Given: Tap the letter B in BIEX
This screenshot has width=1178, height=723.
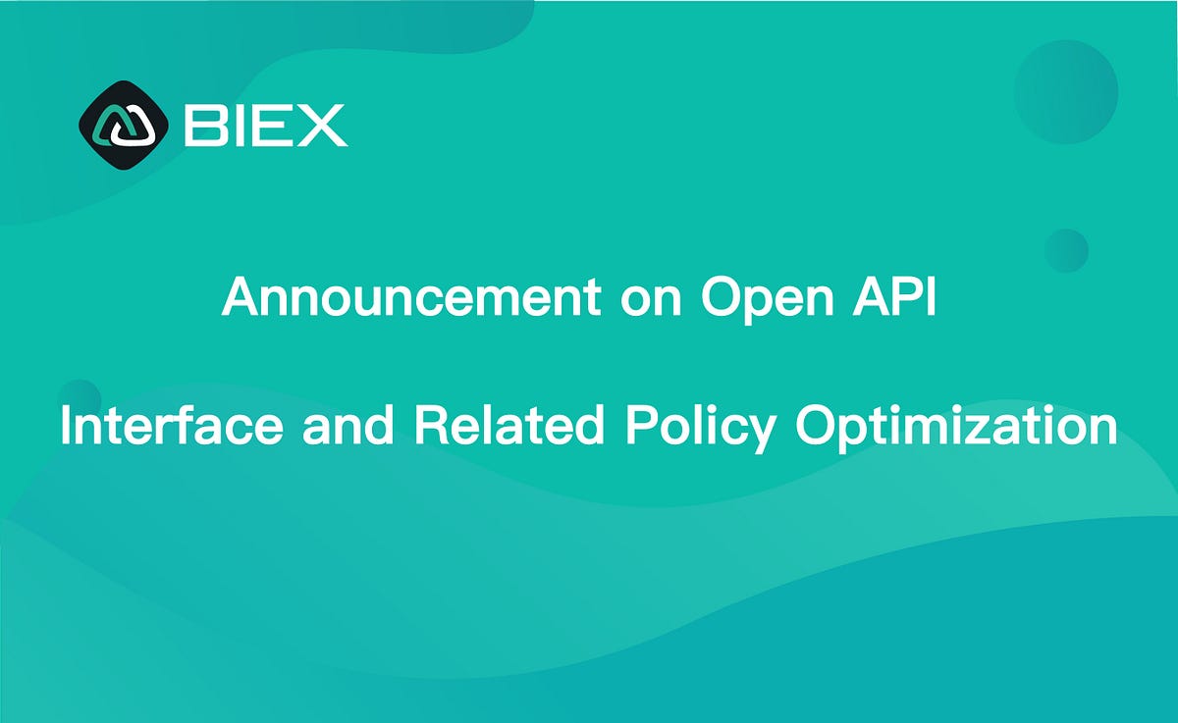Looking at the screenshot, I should tap(203, 126).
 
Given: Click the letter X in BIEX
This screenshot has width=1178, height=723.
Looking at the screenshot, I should tap(322, 126).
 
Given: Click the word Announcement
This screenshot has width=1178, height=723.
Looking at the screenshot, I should tap(410, 296).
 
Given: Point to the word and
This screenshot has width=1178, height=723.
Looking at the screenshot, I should tap(347, 427).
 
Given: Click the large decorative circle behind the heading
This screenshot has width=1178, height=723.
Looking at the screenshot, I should tap(1065, 93).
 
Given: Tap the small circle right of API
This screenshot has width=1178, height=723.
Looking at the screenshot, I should tap(1066, 250).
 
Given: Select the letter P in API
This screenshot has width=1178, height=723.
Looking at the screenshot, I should tap(896, 296).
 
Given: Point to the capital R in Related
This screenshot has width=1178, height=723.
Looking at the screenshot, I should tap(432, 427).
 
